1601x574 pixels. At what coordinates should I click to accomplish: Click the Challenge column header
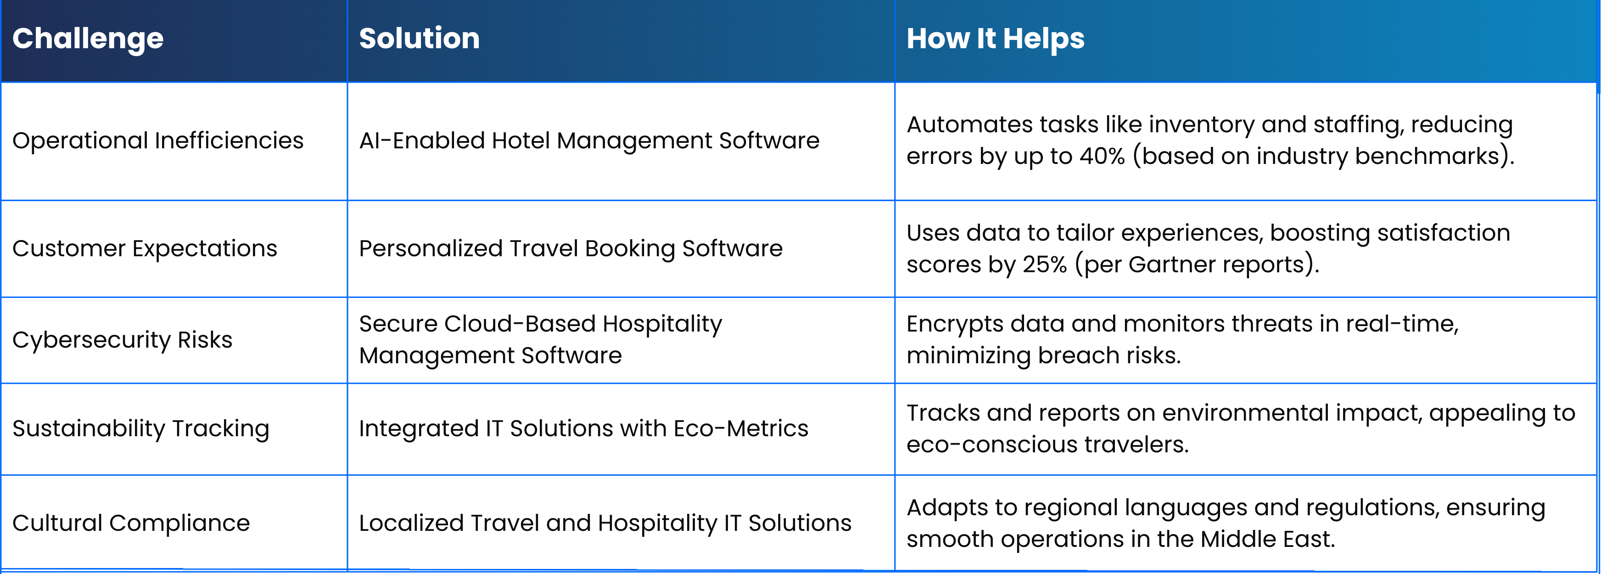tap(88, 39)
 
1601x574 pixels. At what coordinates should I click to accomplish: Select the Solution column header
tap(420, 39)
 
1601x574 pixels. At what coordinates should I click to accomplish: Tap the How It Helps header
tap(995, 39)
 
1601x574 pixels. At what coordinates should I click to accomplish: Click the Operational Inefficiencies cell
tap(158, 141)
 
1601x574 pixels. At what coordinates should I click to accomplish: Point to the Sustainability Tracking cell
tap(141, 429)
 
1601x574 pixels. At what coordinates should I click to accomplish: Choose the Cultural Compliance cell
tap(131, 523)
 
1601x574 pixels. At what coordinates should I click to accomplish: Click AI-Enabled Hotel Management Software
tap(589, 141)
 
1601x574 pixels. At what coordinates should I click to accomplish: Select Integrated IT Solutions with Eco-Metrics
tap(583, 428)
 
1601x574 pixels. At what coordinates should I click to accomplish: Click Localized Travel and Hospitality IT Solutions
tap(605, 523)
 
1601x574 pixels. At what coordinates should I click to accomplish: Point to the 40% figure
tap(1102, 156)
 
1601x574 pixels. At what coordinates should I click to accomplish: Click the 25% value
tap(1045, 264)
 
